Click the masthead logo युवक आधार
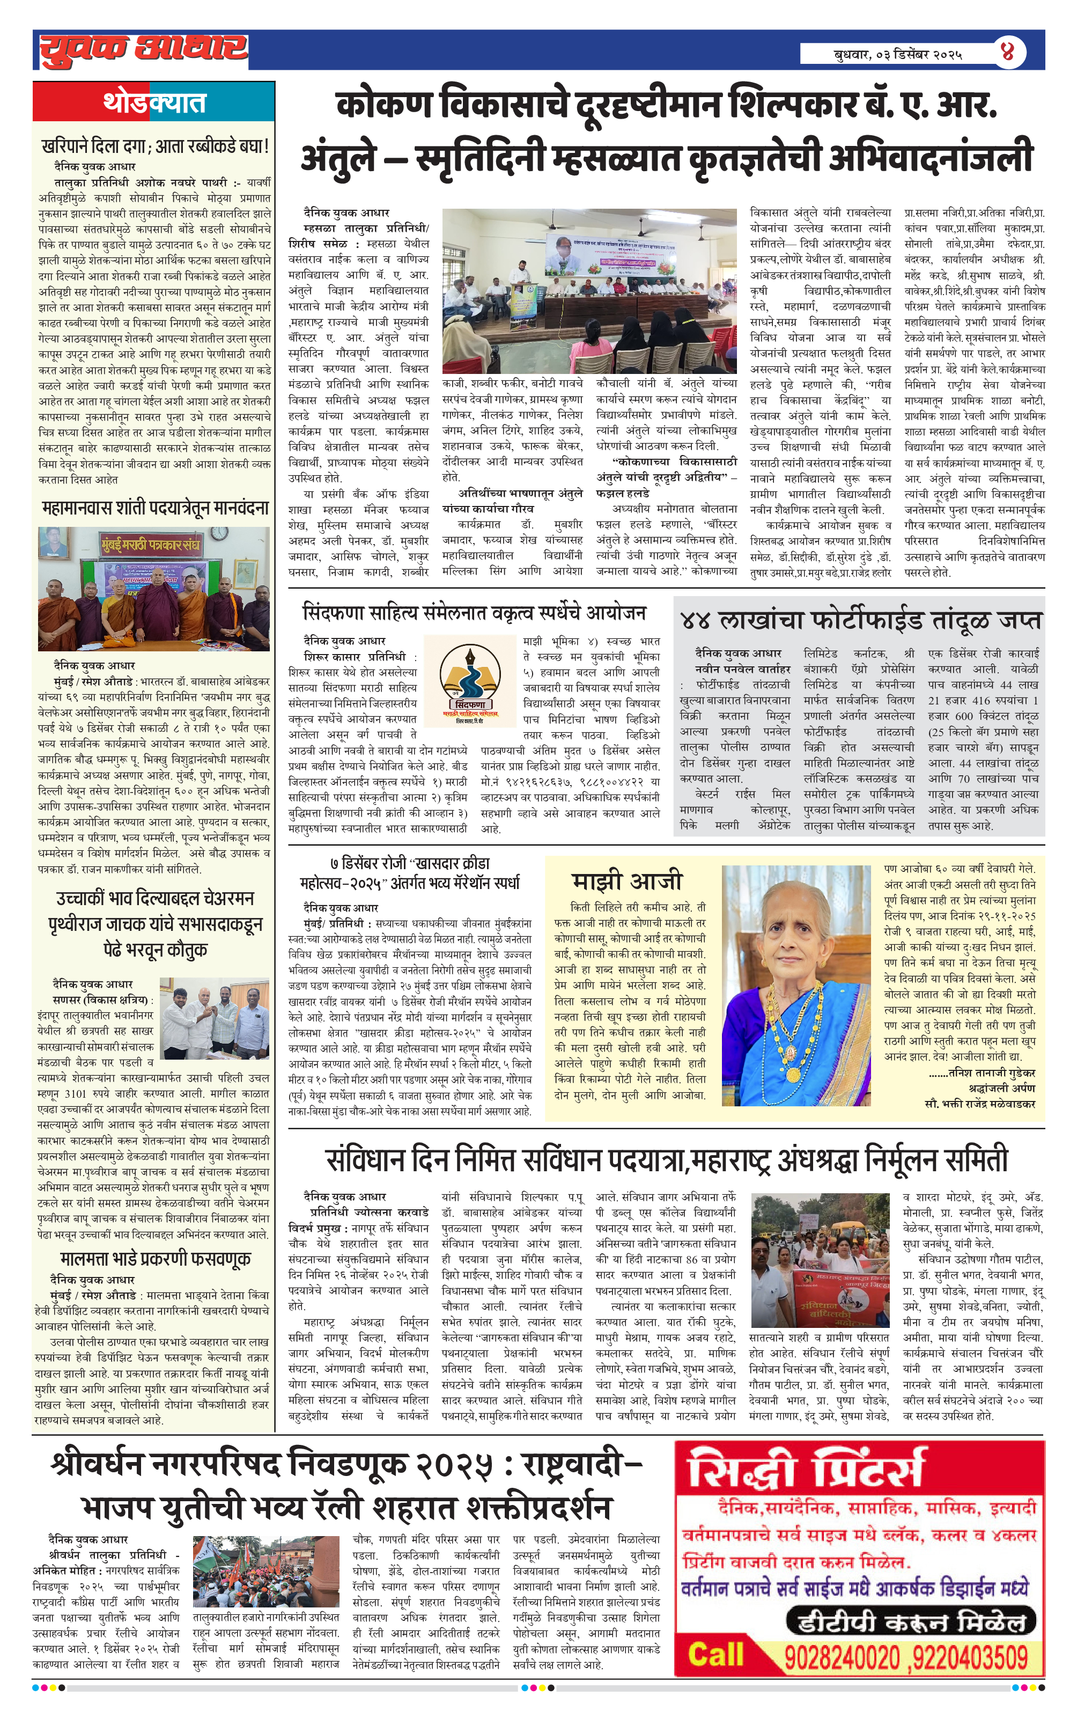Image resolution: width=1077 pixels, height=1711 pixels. click(142, 50)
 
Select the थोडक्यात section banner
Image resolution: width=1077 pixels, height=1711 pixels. click(153, 102)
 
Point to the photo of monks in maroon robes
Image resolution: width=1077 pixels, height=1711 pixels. click(154, 589)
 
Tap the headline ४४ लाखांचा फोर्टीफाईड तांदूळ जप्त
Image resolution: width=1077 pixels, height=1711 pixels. click(860, 620)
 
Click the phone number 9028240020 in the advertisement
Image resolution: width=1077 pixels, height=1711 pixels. click(842, 1658)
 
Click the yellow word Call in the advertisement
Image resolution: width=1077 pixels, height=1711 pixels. click(715, 1655)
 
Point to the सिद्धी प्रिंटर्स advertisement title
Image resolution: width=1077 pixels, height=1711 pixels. click(806, 1470)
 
